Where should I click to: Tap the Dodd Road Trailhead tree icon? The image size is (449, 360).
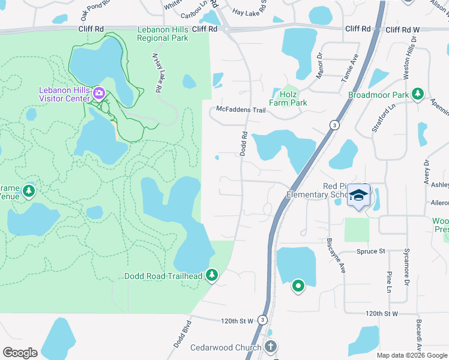coord(211,275)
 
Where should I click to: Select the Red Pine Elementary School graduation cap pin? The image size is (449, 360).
coord(358,196)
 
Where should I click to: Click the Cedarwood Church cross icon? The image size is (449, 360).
coord(271,347)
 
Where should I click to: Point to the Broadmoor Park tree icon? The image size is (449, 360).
coord(418,95)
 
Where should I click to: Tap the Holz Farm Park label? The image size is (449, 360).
coord(290,98)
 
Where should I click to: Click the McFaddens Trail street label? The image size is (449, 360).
coord(241,110)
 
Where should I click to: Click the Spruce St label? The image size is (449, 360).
coord(370,251)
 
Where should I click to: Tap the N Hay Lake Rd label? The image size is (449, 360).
coord(157,73)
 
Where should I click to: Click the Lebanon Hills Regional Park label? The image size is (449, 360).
coord(163,34)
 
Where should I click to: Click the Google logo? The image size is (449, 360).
coord(20,353)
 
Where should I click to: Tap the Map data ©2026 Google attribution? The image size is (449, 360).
coord(411,355)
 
